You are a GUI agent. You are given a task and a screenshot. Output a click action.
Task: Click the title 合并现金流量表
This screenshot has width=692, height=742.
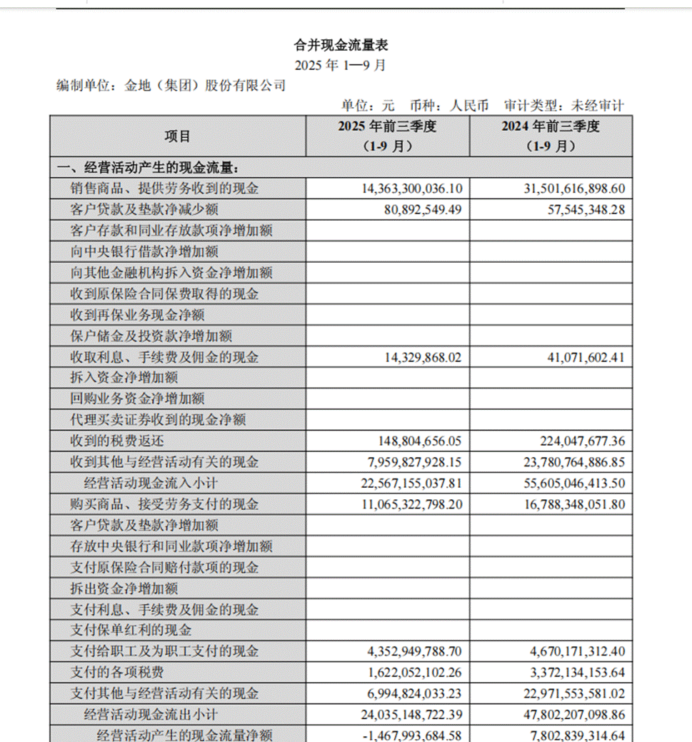coord(341,45)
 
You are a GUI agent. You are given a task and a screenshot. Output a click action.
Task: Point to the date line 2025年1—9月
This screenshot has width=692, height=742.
coord(341,65)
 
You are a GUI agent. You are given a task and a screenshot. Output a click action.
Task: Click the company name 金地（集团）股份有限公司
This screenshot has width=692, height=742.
coord(205,86)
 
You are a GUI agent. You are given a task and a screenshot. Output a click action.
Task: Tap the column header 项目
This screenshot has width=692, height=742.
coord(177,136)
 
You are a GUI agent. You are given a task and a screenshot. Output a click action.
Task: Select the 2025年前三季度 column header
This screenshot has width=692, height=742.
coord(387,136)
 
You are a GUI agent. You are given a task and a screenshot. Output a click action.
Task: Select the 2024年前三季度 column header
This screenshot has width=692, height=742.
coord(550,136)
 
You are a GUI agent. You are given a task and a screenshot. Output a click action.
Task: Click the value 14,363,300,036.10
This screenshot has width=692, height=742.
coord(413,189)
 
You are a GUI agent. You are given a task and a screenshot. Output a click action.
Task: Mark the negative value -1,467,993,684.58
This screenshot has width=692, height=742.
coord(412,735)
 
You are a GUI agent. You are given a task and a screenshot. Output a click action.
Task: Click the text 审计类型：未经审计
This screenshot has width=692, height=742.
coord(563,106)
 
